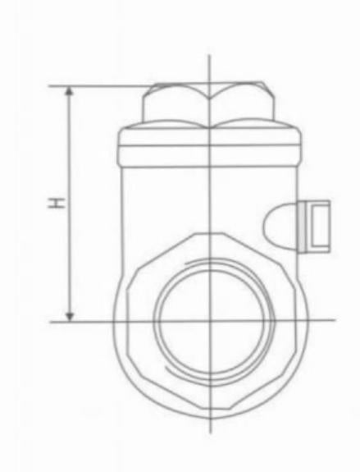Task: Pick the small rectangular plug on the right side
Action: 317,223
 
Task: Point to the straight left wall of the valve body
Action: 123,213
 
